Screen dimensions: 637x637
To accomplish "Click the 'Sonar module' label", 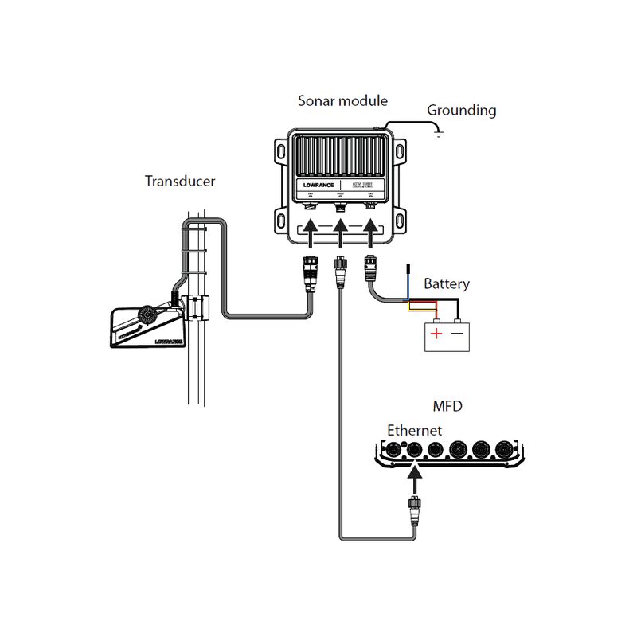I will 342,101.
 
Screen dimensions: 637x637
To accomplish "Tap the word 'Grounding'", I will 461,110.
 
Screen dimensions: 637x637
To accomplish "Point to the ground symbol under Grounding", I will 437,135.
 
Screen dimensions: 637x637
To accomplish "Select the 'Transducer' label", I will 180,181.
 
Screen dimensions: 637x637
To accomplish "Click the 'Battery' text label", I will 446,283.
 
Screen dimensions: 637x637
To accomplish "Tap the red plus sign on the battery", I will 436,334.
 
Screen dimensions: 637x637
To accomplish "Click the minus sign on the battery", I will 457,334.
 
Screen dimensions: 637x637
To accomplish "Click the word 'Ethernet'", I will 414,431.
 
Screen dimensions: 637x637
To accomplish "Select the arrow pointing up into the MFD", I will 413,478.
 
